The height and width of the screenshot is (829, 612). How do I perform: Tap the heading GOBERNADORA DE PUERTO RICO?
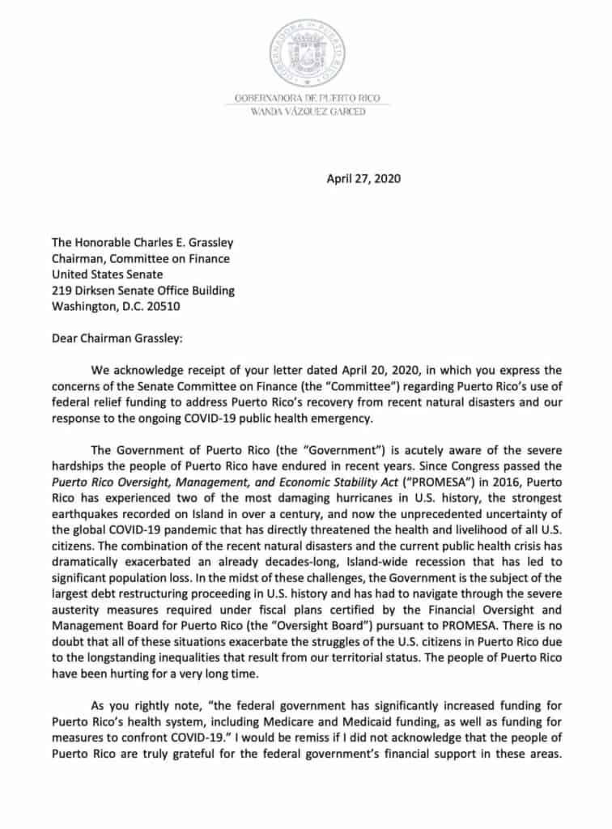point(312,98)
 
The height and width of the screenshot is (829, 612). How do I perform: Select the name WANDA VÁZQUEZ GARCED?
point(312,111)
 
